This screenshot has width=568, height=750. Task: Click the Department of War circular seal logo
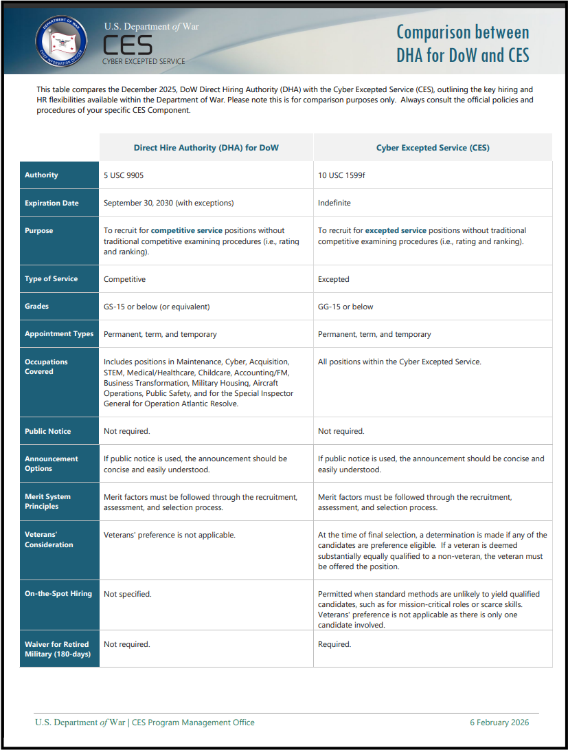click(x=61, y=41)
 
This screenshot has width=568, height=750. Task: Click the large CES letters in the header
click(x=128, y=45)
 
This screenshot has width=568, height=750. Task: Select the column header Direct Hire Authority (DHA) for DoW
click(x=206, y=148)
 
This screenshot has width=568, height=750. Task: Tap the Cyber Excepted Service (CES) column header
click(x=433, y=148)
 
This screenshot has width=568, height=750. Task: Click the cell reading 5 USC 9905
click(x=124, y=175)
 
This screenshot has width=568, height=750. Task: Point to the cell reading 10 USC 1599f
click(x=341, y=175)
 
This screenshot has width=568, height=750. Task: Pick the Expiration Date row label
click(x=52, y=203)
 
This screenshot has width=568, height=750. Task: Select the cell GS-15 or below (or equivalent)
click(x=157, y=307)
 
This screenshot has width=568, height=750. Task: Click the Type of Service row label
click(x=52, y=279)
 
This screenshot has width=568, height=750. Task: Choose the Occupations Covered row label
click(x=46, y=366)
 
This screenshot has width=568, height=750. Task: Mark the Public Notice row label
click(x=48, y=432)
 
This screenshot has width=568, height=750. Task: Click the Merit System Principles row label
click(x=47, y=501)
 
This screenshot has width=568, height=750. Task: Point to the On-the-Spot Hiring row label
click(x=58, y=594)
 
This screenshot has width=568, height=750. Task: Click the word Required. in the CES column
click(x=334, y=645)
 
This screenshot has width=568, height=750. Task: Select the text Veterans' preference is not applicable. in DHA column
click(x=169, y=535)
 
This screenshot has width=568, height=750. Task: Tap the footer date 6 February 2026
click(x=499, y=723)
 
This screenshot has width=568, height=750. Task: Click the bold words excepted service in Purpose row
click(x=396, y=231)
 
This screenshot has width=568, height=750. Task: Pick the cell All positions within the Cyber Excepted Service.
click(x=400, y=362)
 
